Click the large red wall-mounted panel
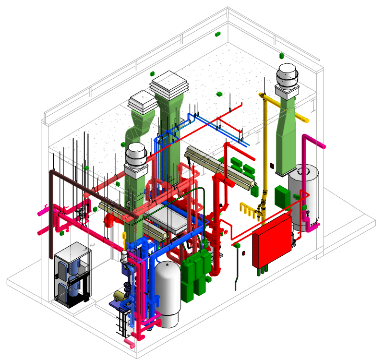(272, 241)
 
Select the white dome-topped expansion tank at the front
(168, 293)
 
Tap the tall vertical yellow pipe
(264, 158)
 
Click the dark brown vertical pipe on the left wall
(52, 211)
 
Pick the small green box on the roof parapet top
(217, 34)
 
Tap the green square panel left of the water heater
(281, 196)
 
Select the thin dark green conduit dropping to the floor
(237, 269)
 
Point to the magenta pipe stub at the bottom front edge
(129, 341)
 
